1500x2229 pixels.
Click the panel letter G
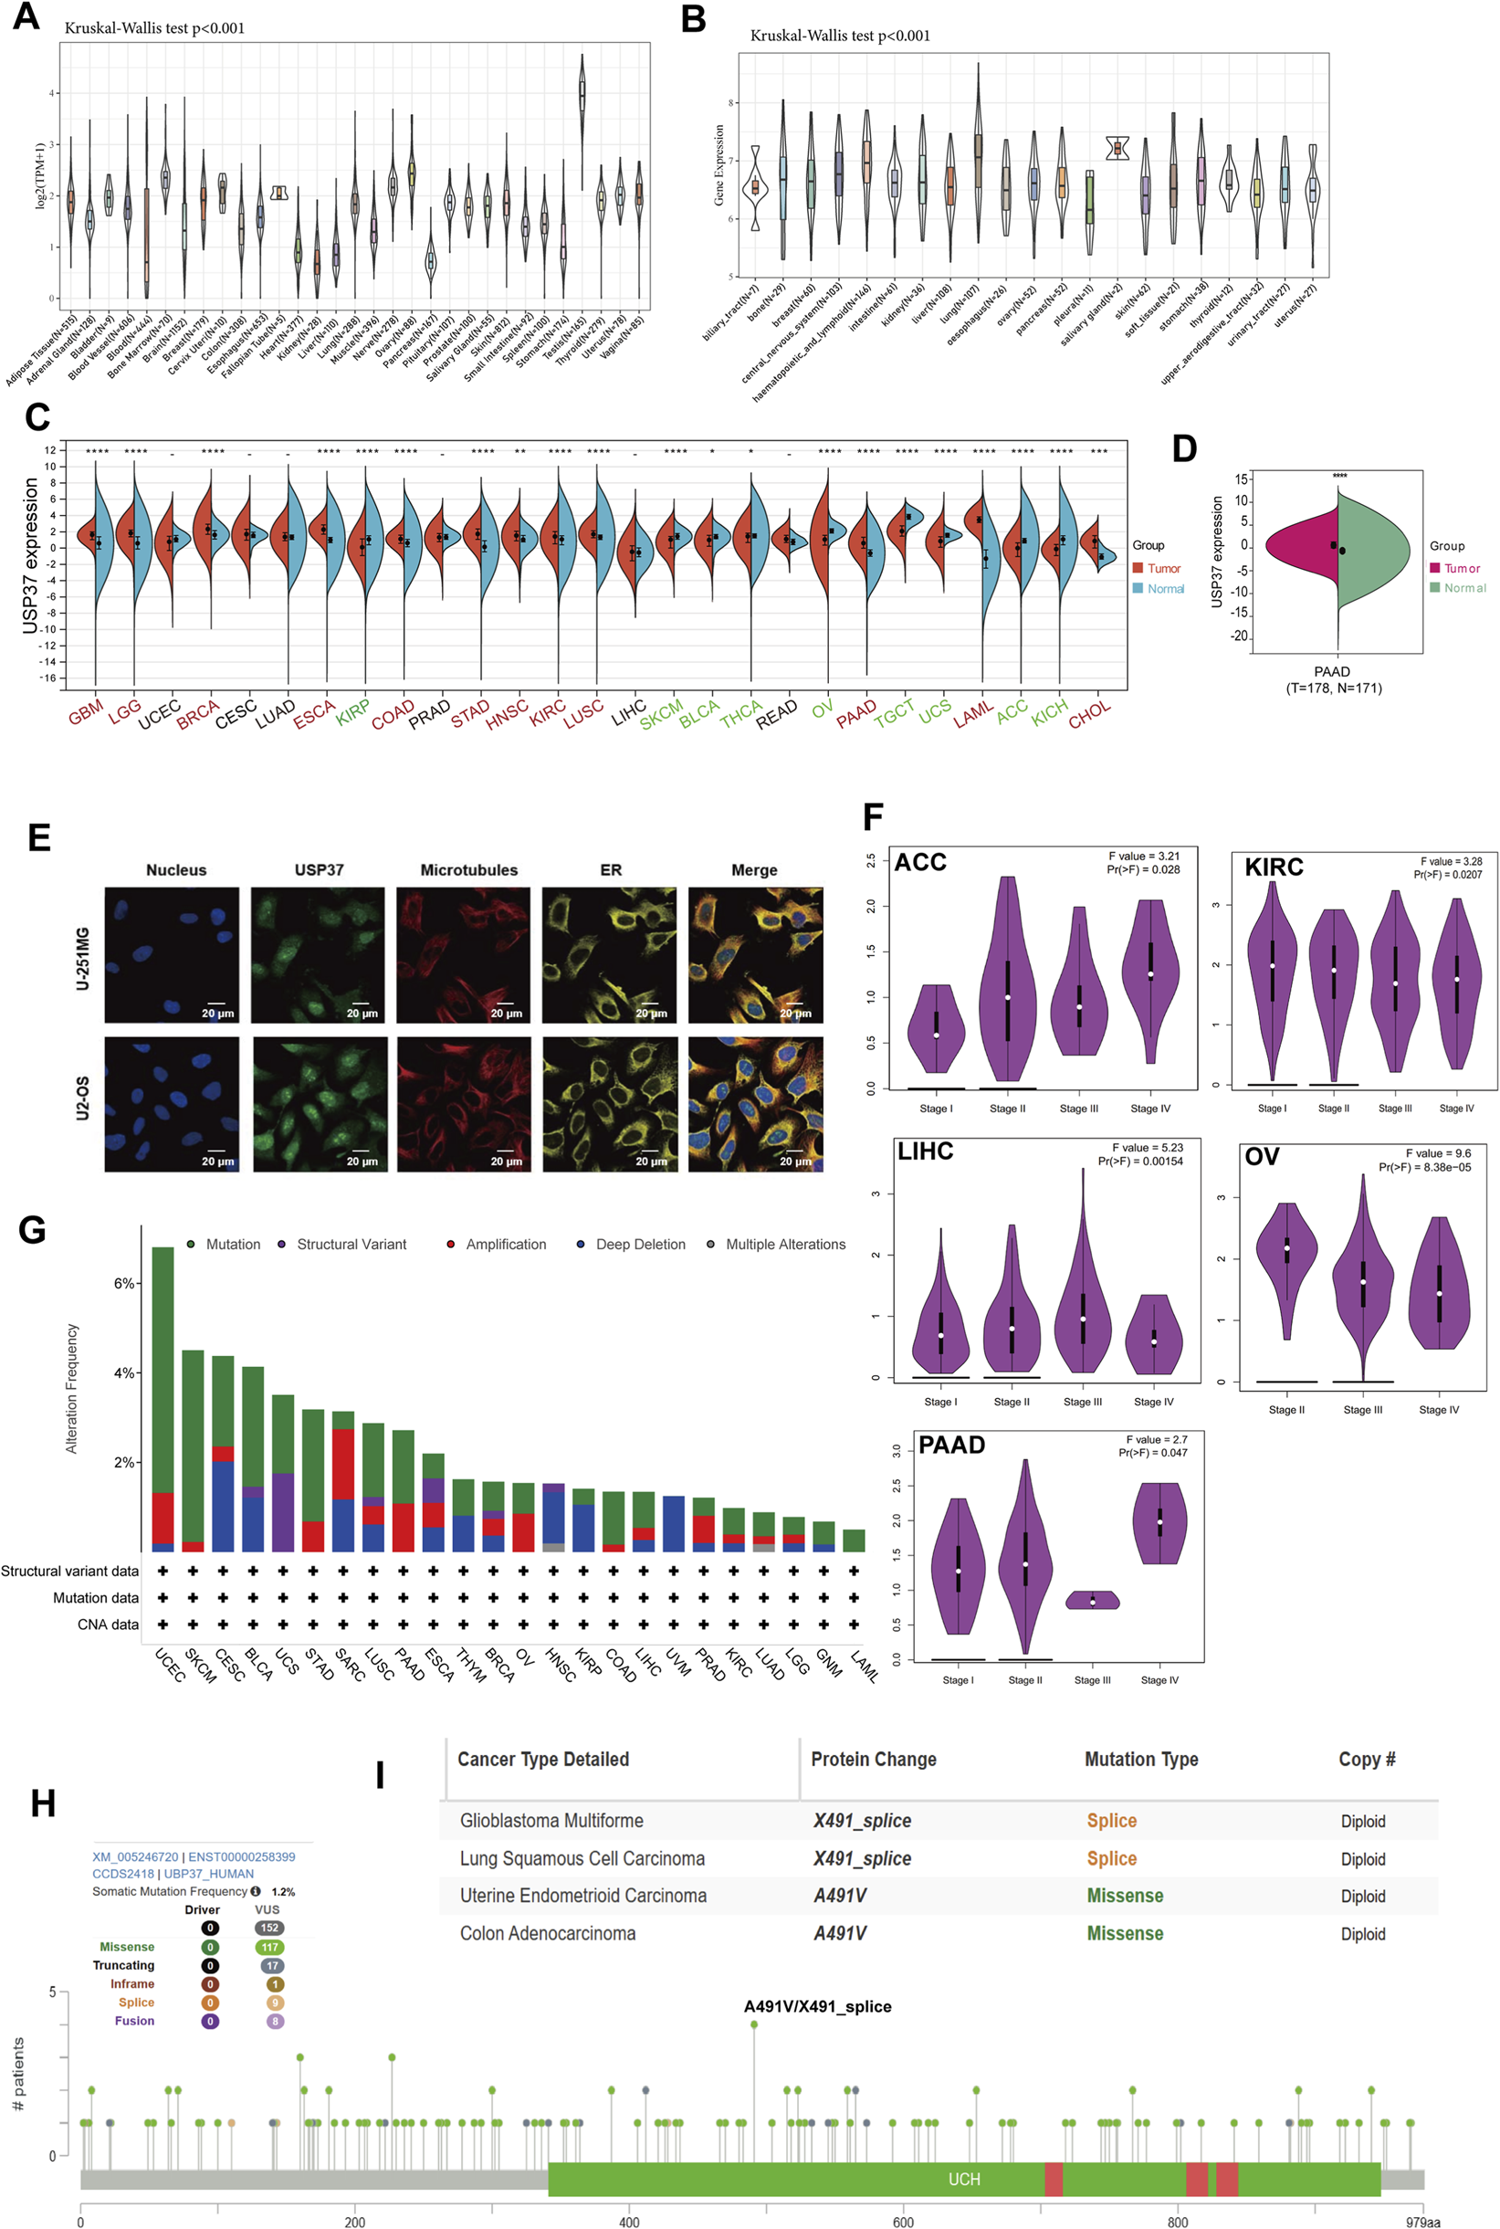click(32, 1229)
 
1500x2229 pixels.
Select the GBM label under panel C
click(86, 711)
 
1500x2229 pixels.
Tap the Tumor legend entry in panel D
click(1461, 568)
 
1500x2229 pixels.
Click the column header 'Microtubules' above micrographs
click(468, 869)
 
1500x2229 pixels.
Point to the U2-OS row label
click(83, 1098)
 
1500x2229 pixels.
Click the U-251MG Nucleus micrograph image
click(173, 955)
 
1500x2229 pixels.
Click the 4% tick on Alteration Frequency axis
click(124, 1372)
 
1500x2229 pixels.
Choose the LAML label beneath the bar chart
click(864, 1667)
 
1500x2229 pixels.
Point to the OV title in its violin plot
click(1262, 1157)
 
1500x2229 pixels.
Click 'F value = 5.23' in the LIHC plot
click(1147, 1147)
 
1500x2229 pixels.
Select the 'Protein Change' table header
click(874, 1760)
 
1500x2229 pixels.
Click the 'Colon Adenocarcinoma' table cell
click(547, 1933)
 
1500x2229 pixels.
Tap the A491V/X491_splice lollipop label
click(817, 2006)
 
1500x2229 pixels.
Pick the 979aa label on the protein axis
click(1422, 2222)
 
